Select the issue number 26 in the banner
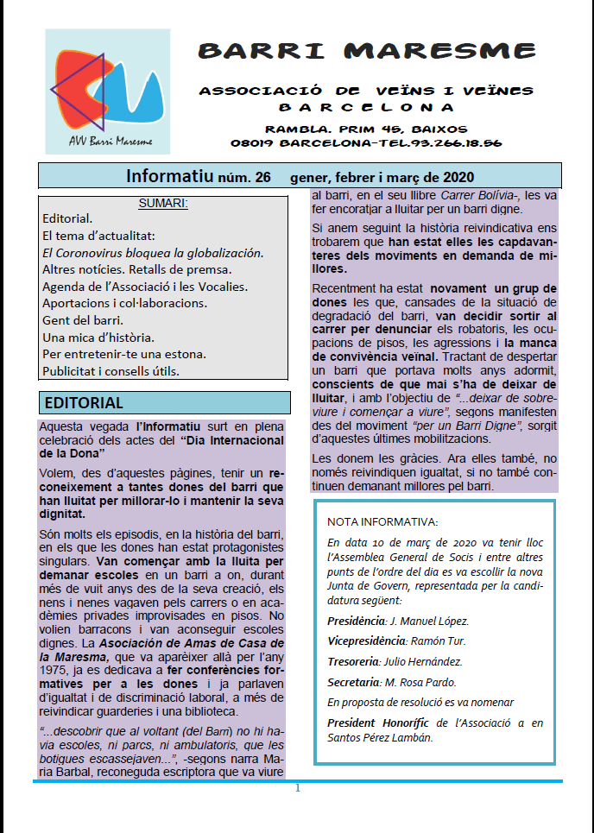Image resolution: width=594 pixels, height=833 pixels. [262, 178]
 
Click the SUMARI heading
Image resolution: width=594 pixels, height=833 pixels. [163, 204]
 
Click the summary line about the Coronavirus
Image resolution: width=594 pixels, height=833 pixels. [153, 253]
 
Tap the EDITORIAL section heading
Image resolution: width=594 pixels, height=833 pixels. [84, 403]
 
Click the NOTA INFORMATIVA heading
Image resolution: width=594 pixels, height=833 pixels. [382, 522]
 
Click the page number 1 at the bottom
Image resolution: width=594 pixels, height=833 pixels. [298, 788]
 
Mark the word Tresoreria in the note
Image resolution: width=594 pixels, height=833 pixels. [356, 662]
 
